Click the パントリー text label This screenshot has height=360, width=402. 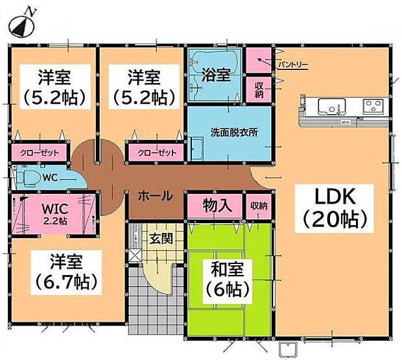(293, 64)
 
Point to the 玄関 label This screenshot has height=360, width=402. (161, 238)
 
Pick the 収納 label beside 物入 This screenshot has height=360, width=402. (259, 206)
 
